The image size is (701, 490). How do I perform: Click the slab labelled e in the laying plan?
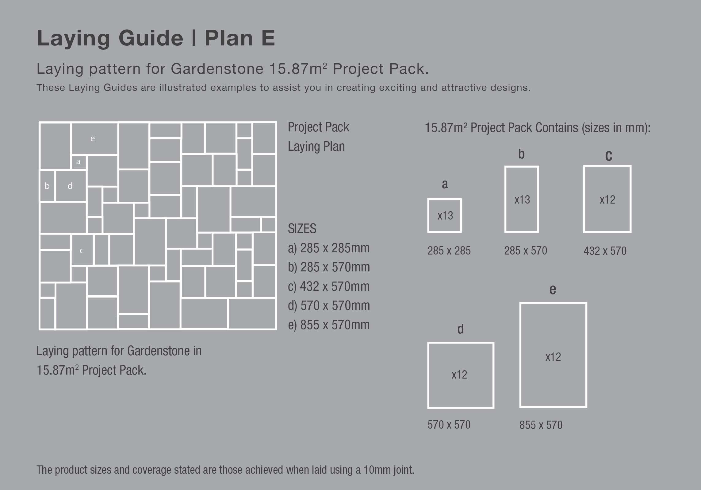click(93, 138)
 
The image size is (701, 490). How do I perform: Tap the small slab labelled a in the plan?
click(79, 162)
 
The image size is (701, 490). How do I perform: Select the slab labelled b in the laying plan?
click(47, 186)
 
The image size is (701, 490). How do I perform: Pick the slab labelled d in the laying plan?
click(70, 186)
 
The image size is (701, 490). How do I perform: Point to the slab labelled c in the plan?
click(82, 251)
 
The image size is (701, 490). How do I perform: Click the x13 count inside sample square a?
click(445, 216)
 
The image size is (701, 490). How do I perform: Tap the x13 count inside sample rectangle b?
click(522, 200)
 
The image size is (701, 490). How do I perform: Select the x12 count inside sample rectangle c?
click(607, 200)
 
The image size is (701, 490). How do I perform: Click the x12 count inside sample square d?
click(459, 375)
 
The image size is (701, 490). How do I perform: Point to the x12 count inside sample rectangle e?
click(553, 357)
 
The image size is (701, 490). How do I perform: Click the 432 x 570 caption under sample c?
click(605, 251)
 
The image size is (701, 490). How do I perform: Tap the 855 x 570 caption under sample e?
click(541, 425)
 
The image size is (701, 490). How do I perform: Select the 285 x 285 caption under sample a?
click(449, 251)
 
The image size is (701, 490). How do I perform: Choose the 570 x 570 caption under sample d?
click(449, 425)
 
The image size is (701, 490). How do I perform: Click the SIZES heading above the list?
click(302, 229)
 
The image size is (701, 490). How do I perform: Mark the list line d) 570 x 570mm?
click(329, 306)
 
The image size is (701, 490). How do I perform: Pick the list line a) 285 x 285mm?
click(329, 248)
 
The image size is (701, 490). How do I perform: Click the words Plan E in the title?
click(240, 38)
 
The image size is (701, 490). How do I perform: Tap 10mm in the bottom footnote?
click(373, 470)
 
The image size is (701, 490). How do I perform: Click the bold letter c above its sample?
click(609, 156)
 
